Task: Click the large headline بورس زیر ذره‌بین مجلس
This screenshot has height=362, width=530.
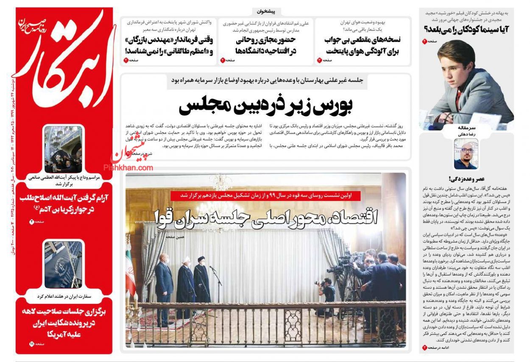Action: pos(266,106)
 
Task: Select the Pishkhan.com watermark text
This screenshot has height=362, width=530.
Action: pos(131,168)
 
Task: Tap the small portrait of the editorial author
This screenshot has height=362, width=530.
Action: pos(466,154)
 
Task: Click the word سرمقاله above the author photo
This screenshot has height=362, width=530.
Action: pos(466,127)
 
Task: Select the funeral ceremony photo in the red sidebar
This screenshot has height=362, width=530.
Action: pos(64,149)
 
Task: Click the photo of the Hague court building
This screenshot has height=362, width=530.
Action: pos(64,265)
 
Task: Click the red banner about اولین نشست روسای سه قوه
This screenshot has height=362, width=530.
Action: pos(266,195)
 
